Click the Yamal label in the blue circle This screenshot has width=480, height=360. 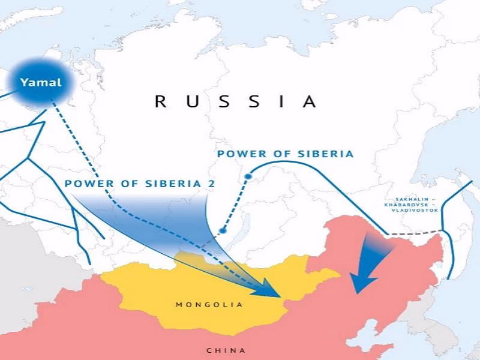(x=41, y=83)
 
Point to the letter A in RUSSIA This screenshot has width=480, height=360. (x=310, y=101)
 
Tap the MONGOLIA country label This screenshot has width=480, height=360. (x=209, y=305)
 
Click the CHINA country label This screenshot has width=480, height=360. (x=226, y=350)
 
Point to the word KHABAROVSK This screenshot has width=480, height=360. (x=413, y=205)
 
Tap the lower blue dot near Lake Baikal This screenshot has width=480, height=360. (x=223, y=230)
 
